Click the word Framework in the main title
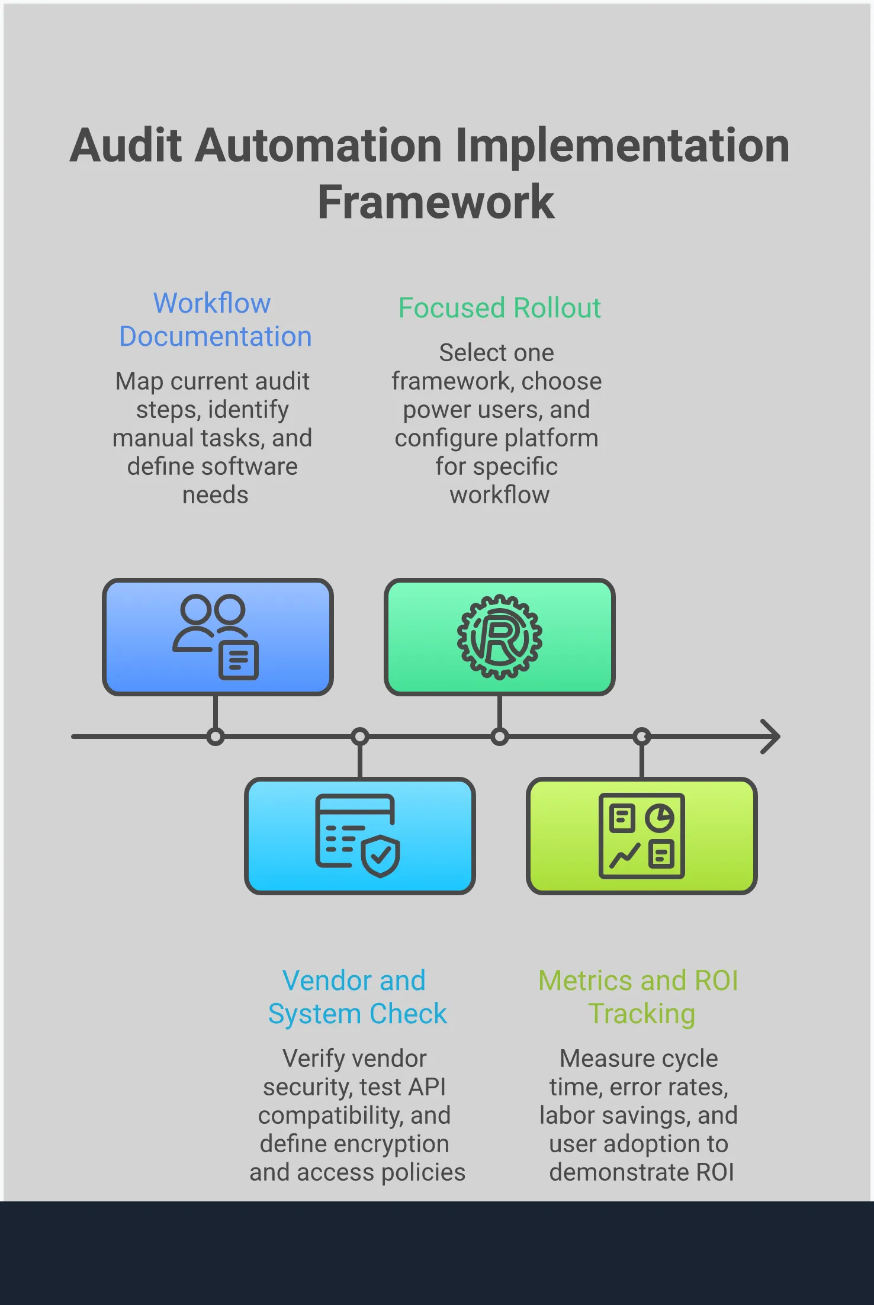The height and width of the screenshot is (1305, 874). (x=436, y=202)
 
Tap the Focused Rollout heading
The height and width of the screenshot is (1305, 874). (x=499, y=308)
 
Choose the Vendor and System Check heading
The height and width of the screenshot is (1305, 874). (x=356, y=997)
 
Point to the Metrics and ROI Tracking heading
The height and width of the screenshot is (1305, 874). (x=638, y=997)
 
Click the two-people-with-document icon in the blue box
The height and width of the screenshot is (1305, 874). (x=216, y=637)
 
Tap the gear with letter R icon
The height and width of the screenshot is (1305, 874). (x=499, y=637)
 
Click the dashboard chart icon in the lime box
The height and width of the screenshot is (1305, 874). (x=641, y=835)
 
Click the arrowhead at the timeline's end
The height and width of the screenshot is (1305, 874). (x=772, y=737)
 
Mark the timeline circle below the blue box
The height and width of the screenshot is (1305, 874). (x=216, y=737)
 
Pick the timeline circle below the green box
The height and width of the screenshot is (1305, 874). (x=499, y=737)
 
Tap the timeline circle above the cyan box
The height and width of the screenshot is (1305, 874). (x=359, y=737)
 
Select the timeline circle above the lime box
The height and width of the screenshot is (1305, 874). (x=641, y=737)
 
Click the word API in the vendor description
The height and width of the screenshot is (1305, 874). (x=426, y=1087)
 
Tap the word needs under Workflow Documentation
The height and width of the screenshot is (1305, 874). (x=215, y=495)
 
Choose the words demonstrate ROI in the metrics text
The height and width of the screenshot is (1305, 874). (x=641, y=1172)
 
